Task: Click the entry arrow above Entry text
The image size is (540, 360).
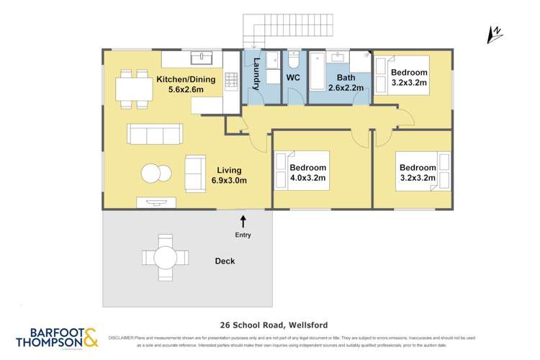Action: click(243, 220)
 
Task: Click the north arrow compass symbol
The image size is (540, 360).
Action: click(495, 33)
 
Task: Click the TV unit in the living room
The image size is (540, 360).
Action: click(156, 203)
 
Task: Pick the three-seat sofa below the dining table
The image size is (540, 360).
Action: click(153, 133)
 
